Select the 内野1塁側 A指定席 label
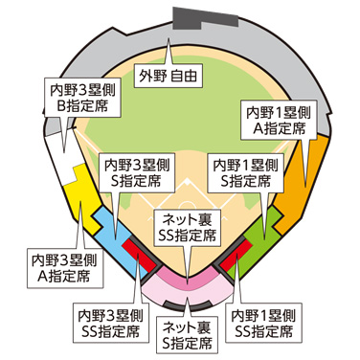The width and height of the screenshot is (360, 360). tap(276, 117)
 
